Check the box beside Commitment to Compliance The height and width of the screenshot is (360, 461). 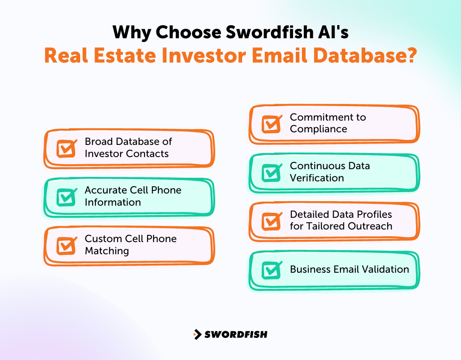(271, 124)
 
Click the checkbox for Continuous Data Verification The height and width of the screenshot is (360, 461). (271, 172)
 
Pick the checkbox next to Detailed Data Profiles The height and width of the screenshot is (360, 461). (271, 221)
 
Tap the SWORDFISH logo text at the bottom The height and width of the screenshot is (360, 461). (236, 334)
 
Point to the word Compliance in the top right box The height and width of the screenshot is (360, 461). (318, 129)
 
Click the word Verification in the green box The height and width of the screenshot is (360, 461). (316, 178)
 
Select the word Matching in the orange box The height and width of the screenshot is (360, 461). (107, 251)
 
